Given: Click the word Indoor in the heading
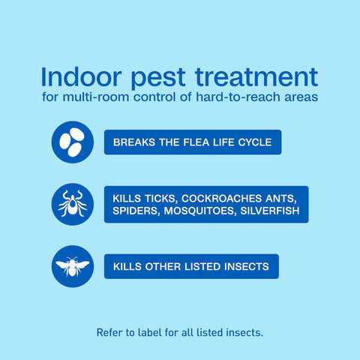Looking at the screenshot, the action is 81,76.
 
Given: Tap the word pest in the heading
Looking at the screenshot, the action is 158,79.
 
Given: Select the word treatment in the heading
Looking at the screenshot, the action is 256,77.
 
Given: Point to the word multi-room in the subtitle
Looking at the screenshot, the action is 96,97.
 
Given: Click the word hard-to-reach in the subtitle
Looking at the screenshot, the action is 238,97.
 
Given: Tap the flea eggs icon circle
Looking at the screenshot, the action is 73,142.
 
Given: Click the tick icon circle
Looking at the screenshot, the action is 73,204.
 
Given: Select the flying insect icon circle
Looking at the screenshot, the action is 73,266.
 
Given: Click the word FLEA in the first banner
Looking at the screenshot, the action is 196,142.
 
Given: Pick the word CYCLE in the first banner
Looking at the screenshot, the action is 255,142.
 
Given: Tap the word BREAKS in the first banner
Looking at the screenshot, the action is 134,142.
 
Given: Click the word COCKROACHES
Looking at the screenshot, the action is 221,199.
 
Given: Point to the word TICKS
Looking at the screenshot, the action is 161,199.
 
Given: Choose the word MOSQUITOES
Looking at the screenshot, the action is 200,211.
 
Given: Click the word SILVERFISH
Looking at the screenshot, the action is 270,211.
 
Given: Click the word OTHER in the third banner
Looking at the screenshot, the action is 163,266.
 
